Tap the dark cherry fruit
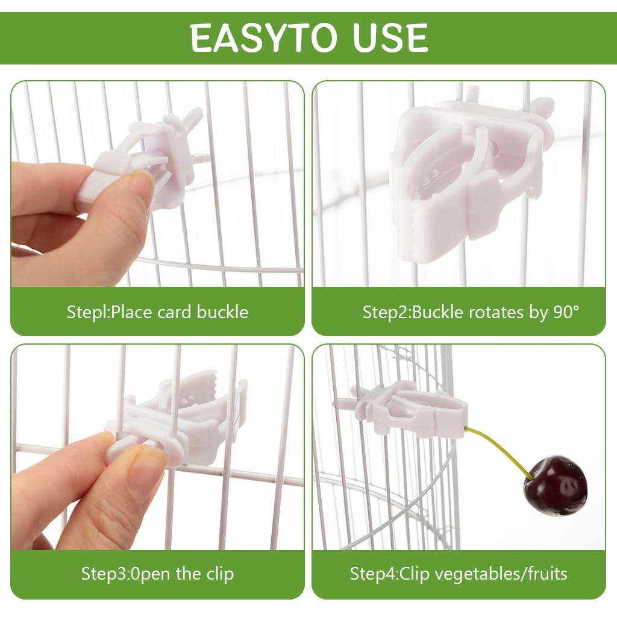tap(554, 485)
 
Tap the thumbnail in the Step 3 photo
tap(145, 464)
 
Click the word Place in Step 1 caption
tap(131, 312)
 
